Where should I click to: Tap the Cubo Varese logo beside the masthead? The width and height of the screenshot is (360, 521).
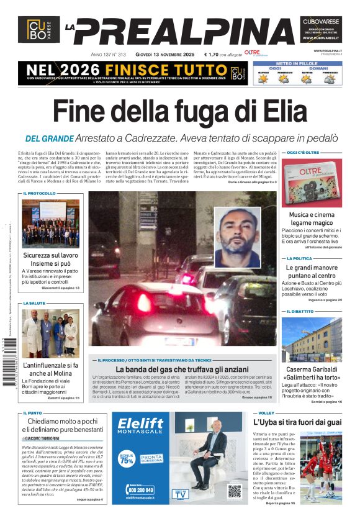click(39, 29)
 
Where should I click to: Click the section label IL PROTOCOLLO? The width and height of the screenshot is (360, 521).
click(39, 193)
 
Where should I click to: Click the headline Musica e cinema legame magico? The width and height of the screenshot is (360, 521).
click(311, 219)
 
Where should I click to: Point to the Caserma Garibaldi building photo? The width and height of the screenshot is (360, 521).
click(312, 339)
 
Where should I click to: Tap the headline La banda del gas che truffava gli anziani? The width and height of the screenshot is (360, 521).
click(184, 369)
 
